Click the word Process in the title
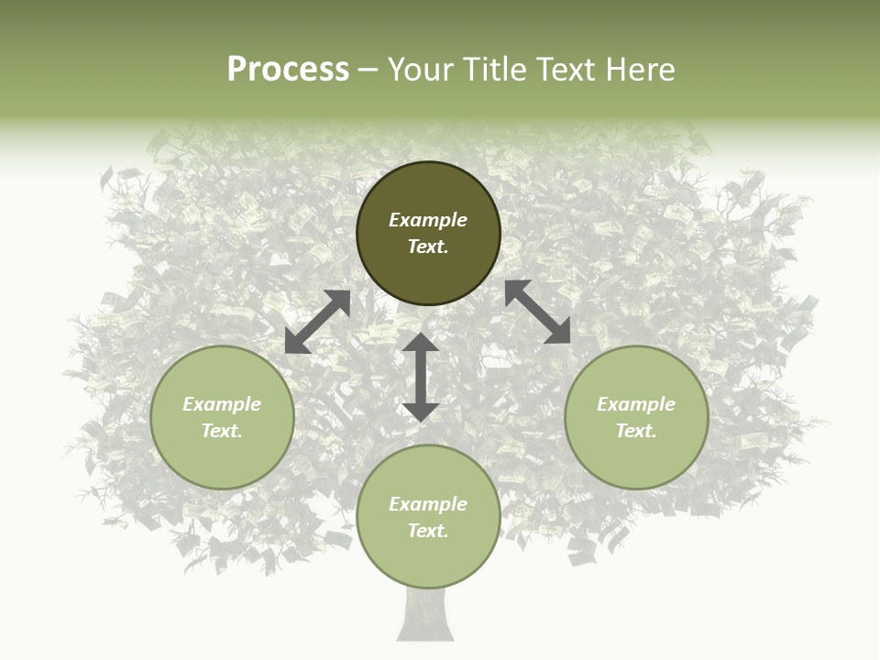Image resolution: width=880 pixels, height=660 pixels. click(x=288, y=70)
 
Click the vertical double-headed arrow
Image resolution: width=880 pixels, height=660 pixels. click(x=421, y=377)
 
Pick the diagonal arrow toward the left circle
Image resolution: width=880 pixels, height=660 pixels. click(x=317, y=322)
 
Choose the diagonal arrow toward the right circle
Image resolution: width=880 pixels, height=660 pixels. click(x=537, y=312)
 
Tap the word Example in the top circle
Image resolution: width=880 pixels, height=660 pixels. click(x=428, y=220)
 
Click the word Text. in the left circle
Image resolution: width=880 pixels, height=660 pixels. click(x=222, y=431)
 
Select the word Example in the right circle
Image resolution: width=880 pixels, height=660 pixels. click(x=636, y=404)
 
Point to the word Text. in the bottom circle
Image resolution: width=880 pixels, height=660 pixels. click(x=428, y=531)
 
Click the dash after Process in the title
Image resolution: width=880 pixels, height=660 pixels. click(x=368, y=70)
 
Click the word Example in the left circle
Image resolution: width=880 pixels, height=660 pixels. click(x=222, y=404)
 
